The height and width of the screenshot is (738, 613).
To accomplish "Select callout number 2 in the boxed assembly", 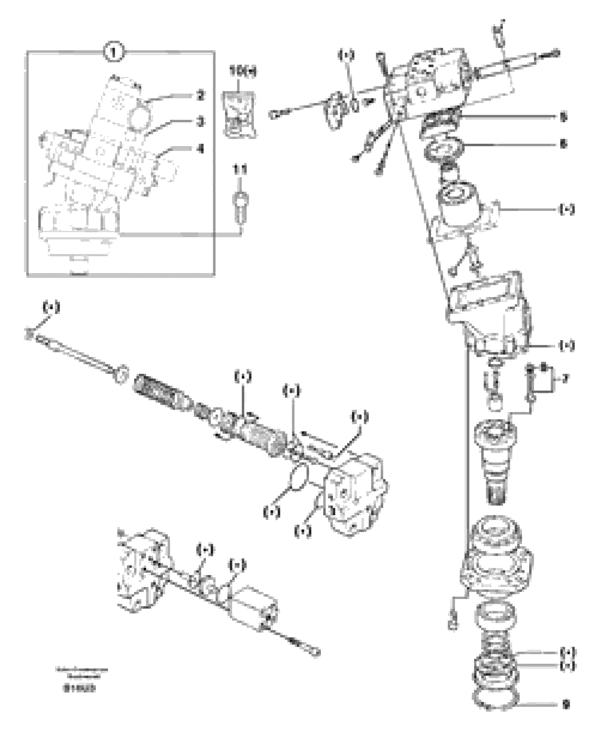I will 200,95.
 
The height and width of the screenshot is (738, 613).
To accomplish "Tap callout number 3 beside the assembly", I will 200,122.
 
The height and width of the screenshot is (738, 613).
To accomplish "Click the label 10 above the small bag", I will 242,71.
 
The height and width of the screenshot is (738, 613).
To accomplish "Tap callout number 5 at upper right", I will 563,117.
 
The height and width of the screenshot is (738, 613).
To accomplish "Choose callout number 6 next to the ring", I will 563,144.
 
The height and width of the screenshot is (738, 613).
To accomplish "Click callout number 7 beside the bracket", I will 565,378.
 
